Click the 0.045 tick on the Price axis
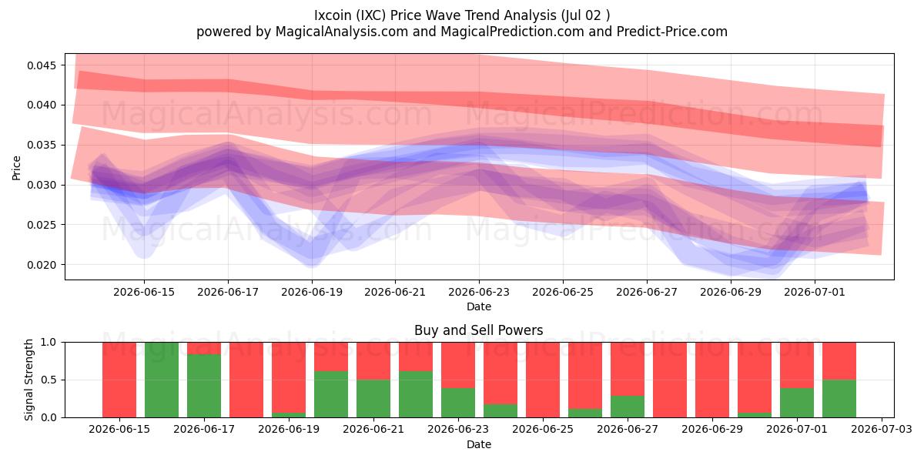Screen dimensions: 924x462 pyautogui.click(x=42, y=65)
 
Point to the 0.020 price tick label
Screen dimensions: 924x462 pyautogui.click(x=42, y=265)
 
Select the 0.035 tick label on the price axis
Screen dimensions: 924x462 pyautogui.click(x=42, y=146)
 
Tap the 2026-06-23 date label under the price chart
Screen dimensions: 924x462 pyautogui.click(x=479, y=292)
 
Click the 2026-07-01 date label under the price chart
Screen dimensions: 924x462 pyautogui.click(x=815, y=292)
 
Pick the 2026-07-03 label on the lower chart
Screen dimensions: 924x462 pyautogui.click(x=882, y=430)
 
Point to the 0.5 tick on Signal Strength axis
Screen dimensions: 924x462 pyautogui.click(x=49, y=380)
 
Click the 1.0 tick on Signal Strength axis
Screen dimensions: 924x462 pyautogui.click(x=49, y=343)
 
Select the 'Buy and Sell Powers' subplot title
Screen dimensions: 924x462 pyautogui.click(x=478, y=330)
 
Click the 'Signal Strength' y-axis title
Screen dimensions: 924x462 pyautogui.click(x=28, y=380)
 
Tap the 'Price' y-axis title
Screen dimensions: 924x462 pyautogui.click(x=16, y=168)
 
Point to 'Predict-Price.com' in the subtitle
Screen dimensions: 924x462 pyautogui.click(x=672, y=32)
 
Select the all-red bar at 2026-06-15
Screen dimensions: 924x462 pyautogui.click(x=119, y=380)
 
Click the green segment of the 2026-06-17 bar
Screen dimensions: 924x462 pyautogui.click(x=204, y=386)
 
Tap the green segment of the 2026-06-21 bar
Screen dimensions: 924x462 pyautogui.click(x=373, y=399)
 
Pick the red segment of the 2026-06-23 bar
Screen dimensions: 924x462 pyautogui.click(x=458, y=365)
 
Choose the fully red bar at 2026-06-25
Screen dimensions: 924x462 pyautogui.click(x=543, y=380)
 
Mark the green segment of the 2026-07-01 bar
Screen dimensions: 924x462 pyautogui.click(x=797, y=403)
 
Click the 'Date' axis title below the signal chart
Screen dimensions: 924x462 pyautogui.click(x=479, y=445)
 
